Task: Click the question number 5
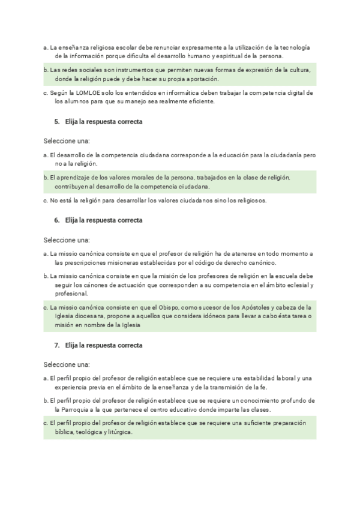coord(56,122)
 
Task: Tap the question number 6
coord(56,220)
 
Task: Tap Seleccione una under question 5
coord(66,141)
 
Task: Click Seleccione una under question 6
coord(66,239)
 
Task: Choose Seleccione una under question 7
coord(66,364)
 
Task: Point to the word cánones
coord(92,285)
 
